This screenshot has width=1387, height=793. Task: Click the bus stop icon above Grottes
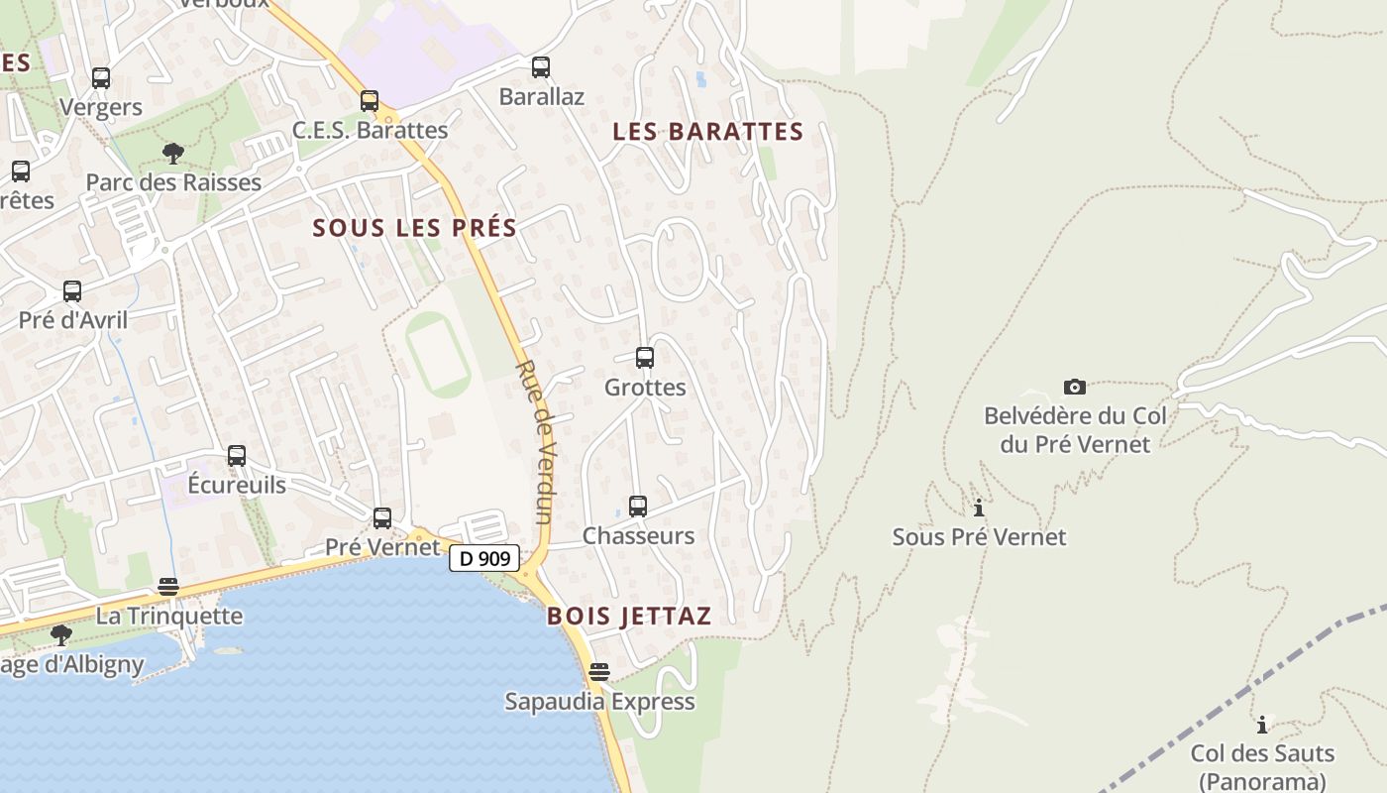(x=645, y=358)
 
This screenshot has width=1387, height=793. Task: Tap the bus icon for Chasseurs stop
(x=638, y=507)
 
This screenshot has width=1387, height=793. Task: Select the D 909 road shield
(x=484, y=558)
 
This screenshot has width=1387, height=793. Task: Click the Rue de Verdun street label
(x=533, y=441)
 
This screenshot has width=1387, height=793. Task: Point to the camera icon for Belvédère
(x=1074, y=387)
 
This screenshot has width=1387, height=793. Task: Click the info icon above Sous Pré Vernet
(x=979, y=509)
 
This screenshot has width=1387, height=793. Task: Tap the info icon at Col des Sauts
(x=1262, y=725)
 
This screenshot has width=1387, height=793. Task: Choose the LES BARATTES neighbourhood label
(x=707, y=132)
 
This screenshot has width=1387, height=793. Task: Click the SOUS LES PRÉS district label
(x=415, y=228)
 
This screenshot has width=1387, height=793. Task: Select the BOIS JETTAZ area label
(x=629, y=616)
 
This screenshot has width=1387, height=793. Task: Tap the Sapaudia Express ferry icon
(x=599, y=672)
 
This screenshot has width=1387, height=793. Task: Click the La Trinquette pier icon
(x=168, y=587)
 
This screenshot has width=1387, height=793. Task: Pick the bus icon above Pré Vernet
(x=382, y=517)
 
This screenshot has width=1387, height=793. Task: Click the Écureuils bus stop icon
(x=237, y=456)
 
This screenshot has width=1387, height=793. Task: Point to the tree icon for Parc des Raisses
(x=173, y=154)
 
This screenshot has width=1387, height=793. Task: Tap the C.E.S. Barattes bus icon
(x=370, y=101)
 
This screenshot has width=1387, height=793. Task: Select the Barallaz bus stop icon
(x=541, y=67)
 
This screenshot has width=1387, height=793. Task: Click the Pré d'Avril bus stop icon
(x=72, y=291)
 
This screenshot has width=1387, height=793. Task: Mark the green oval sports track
(x=437, y=354)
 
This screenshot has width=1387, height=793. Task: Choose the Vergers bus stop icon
(x=101, y=78)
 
